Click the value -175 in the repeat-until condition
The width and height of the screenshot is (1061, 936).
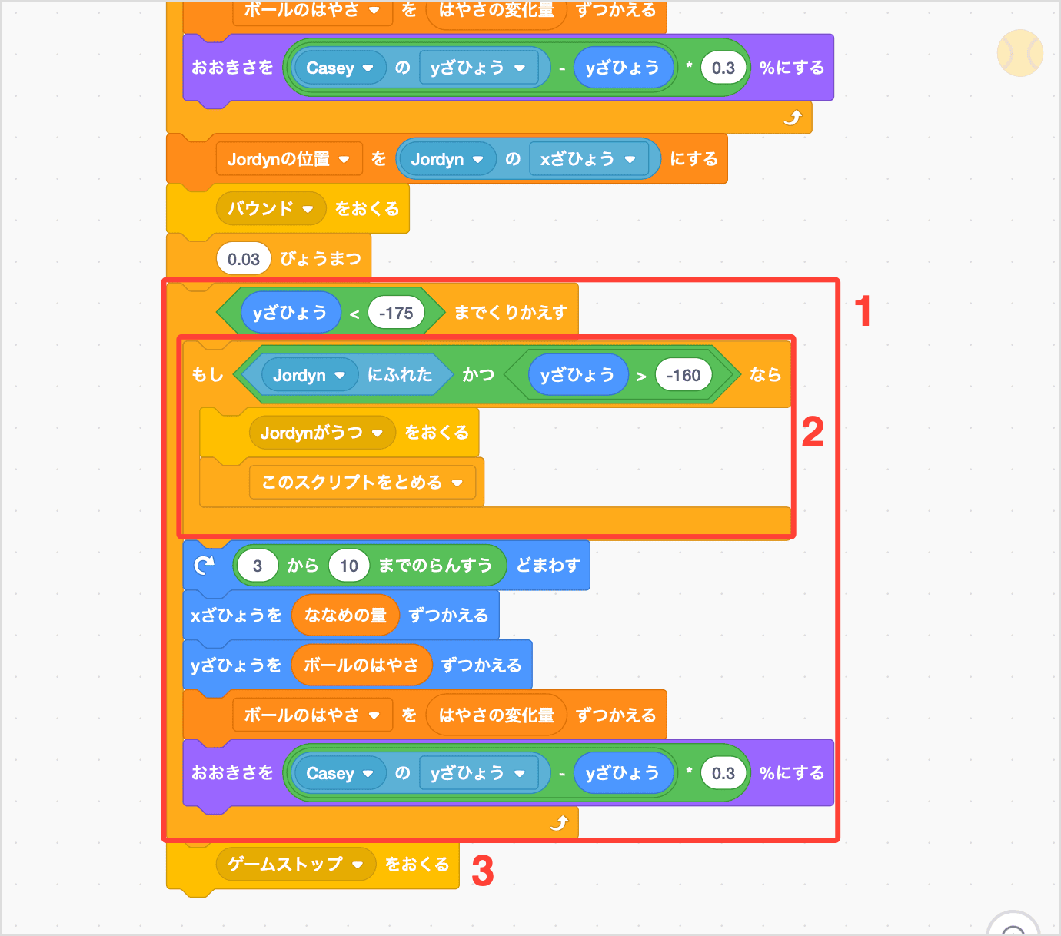pyautogui.click(x=396, y=314)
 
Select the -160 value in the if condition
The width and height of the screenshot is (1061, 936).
pyautogui.click(x=683, y=376)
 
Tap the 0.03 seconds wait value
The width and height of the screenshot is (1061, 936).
pyautogui.click(x=244, y=260)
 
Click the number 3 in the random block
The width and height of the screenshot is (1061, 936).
pyautogui.click(x=257, y=566)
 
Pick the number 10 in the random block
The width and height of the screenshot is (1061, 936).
pyautogui.click(x=349, y=566)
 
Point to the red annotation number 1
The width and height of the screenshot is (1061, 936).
pyautogui.click(x=863, y=311)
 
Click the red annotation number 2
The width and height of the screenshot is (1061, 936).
pyautogui.click(x=812, y=432)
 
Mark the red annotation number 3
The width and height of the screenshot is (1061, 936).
pyautogui.click(x=482, y=871)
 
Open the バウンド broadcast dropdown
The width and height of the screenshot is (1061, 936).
pyautogui.click(x=308, y=209)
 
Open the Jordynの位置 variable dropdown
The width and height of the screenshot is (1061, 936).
pyautogui.click(x=344, y=160)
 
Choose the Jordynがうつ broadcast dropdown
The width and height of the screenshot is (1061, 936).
pyautogui.click(x=377, y=433)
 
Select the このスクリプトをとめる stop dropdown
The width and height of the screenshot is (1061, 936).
pyautogui.click(x=457, y=483)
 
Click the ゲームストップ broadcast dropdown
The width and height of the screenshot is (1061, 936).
pyautogui.click(x=357, y=865)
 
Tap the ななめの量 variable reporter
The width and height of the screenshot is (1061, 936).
pyautogui.click(x=345, y=616)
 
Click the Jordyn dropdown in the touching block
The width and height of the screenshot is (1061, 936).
pyautogui.click(x=340, y=376)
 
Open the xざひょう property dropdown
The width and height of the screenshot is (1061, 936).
pyautogui.click(x=630, y=160)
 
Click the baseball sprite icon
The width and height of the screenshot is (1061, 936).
pyautogui.click(x=1019, y=53)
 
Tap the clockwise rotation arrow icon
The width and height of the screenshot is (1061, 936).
pyautogui.click(x=204, y=566)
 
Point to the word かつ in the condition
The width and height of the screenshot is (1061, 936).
pyautogui.click(x=478, y=375)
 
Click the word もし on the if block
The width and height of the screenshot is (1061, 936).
pyautogui.click(x=208, y=375)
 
